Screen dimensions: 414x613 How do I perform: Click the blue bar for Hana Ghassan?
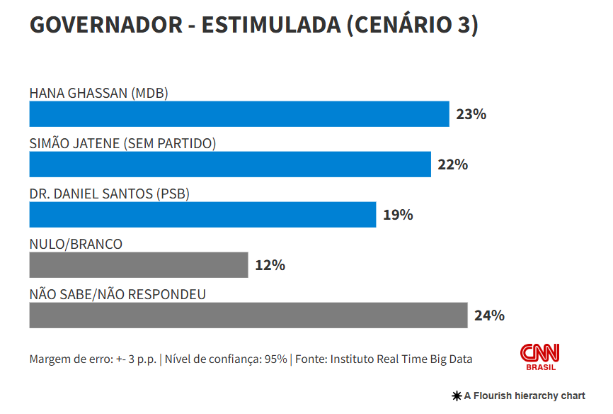[239, 114]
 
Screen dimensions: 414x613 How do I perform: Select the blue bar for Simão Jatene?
[229, 164]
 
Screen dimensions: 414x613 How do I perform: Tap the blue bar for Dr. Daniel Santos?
[202, 215]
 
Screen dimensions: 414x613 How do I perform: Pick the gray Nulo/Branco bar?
[138, 265]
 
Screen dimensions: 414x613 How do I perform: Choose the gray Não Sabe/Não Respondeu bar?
[248, 315]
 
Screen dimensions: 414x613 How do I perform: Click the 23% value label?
[471, 114]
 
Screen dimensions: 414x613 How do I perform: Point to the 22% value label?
[452, 164]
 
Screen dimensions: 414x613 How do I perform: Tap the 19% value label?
[398, 215]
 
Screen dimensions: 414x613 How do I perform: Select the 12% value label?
[270, 265]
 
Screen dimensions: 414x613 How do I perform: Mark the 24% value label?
[489, 315]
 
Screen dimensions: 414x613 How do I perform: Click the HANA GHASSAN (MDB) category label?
[98, 93]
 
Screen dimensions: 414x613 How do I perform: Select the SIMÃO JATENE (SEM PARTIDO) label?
[122, 143]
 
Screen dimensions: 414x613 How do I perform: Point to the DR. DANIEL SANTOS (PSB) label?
[110, 194]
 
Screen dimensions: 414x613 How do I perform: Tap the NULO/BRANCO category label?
[76, 244]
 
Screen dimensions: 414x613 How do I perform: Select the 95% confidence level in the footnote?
[275, 359]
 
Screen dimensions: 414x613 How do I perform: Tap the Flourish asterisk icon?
[457, 396]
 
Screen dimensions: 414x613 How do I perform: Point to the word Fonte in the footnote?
[311, 359]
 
